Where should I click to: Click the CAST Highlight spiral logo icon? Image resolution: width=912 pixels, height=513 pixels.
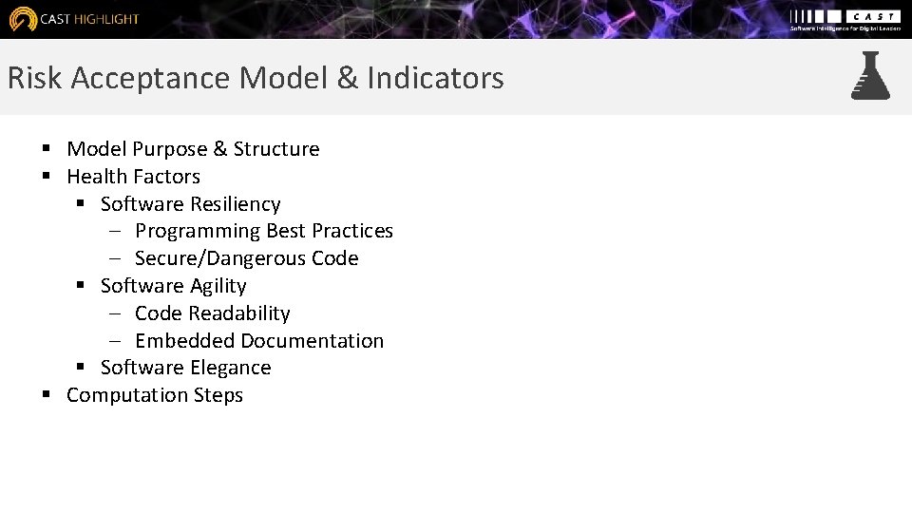tap(23, 19)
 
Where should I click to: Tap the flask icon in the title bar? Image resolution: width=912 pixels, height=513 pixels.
tap(870, 76)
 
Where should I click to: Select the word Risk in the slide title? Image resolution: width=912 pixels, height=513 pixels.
tap(35, 78)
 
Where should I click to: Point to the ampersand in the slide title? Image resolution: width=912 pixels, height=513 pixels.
tap(347, 78)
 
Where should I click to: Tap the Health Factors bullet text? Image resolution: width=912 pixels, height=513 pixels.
tap(133, 177)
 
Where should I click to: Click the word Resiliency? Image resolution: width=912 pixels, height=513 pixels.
tap(235, 204)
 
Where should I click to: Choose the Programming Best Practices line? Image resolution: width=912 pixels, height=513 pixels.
tap(263, 231)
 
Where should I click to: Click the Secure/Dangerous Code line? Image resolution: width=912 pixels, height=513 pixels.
tap(246, 258)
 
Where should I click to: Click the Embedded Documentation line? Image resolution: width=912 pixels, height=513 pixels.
tap(258, 341)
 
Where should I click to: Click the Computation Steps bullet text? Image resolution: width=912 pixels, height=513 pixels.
tap(154, 395)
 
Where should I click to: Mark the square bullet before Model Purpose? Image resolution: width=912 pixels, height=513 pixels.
tap(46, 149)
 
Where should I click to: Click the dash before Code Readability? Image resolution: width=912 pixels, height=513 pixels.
tap(114, 313)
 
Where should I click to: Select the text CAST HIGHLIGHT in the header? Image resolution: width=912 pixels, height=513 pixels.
tap(89, 19)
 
